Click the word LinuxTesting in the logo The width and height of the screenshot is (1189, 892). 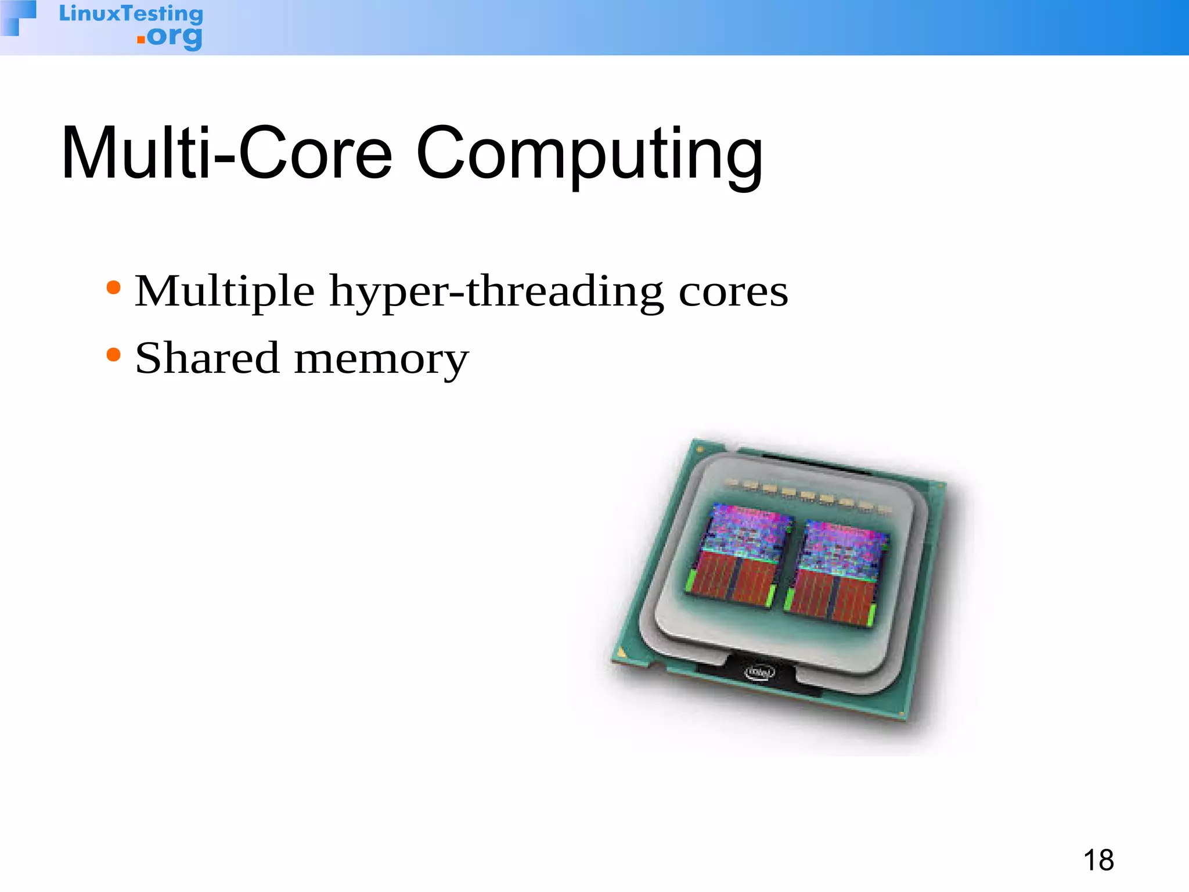(131, 14)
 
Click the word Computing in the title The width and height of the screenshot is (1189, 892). (589, 156)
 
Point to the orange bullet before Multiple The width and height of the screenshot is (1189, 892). (114, 287)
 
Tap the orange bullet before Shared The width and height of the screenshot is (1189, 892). (114, 354)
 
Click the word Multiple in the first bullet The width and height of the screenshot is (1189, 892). (225, 292)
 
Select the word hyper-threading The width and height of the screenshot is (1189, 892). (496, 292)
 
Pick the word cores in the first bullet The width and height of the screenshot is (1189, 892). (733, 292)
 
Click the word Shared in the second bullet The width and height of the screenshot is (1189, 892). (207, 358)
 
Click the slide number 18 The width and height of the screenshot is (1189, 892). (1098, 860)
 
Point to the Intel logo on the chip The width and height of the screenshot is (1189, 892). (759, 672)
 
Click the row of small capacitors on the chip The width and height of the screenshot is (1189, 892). (807, 497)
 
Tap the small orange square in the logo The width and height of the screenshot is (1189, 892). (140, 39)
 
